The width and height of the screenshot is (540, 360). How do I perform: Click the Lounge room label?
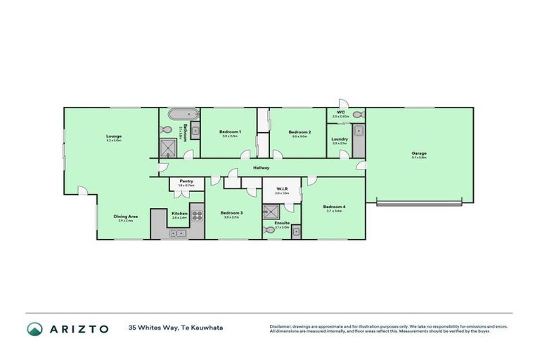[x=113, y=136]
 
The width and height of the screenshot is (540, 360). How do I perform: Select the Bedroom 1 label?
[x=230, y=131]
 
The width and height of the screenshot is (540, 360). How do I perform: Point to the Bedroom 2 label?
[x=300, y=131]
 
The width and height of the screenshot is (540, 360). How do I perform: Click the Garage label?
[x=419, y=153]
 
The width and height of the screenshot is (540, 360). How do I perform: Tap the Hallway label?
[x=262, y=168]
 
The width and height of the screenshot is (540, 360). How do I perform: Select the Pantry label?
[x=186, y=181]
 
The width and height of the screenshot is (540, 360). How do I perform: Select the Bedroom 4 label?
[x=333, y=207]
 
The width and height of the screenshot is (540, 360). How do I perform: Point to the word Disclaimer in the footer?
[x=281, y=327]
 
